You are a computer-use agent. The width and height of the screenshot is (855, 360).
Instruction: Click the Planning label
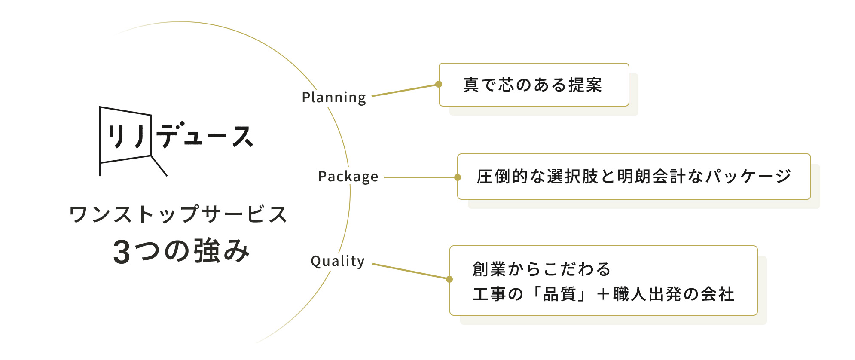[x=334, y=98]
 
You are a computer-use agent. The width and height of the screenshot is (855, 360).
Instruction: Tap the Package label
[x=348, y=177]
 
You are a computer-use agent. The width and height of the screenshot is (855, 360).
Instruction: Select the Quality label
[x=338, y=261]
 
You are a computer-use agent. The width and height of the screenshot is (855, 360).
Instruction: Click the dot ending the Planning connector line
[x=439, y=84]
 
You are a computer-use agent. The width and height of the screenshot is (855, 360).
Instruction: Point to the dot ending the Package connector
[x=458, y=177]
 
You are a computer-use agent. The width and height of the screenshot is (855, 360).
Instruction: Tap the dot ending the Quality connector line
[x=449, y=279]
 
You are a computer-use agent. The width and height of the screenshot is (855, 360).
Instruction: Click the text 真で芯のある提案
[x=533, y=85]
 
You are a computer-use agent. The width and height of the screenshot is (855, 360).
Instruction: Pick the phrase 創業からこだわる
[x=541, y=269]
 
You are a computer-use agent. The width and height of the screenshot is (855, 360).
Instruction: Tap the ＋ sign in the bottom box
[x=603, y=295]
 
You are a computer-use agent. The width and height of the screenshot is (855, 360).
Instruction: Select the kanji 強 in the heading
[x=207, y=251]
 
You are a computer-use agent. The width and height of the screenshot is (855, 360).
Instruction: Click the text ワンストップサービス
[x=178, y=214]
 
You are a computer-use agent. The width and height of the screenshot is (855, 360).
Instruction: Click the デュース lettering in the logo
[x=205, y=136]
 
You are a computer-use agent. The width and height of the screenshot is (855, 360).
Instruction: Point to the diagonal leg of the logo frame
[x=159, y=165]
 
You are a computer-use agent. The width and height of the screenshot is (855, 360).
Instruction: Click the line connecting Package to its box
[x=419, y=177]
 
